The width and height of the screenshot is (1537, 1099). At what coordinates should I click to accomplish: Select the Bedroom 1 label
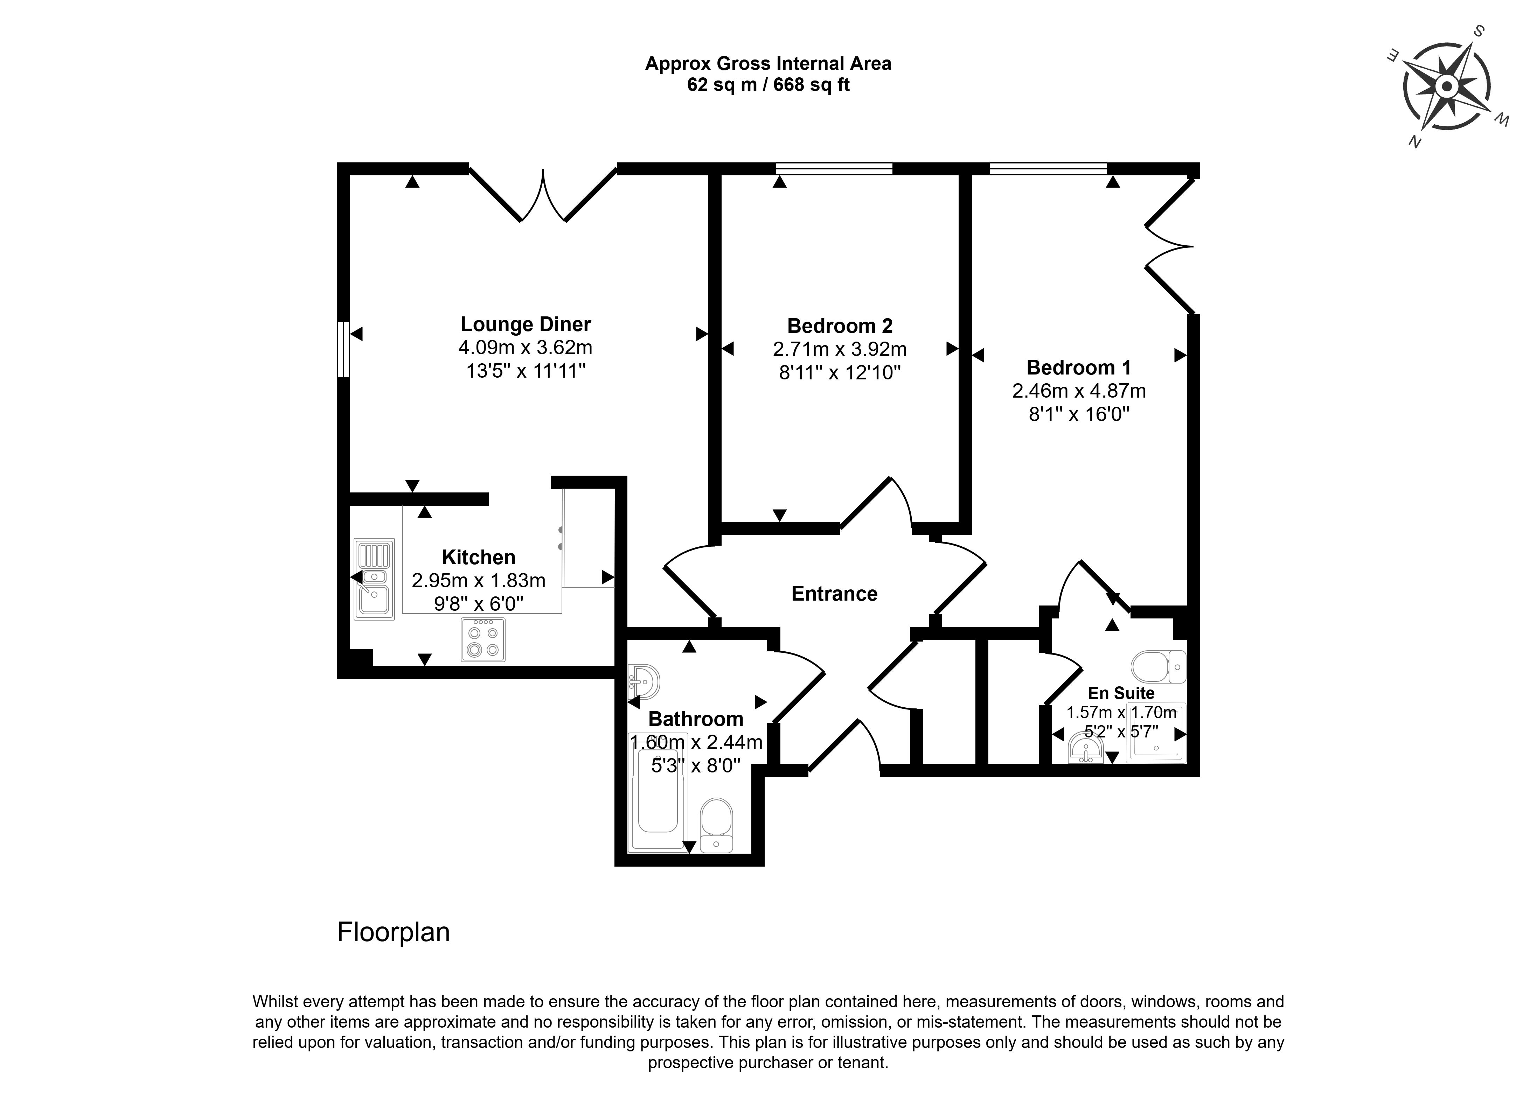tap(1078, 367)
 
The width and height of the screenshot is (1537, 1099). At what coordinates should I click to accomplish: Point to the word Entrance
tap(834, 594)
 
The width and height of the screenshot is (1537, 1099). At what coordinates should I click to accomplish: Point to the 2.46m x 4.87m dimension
tap(1078, 391)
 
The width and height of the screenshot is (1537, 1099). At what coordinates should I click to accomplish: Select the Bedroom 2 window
tap(834, 168)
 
